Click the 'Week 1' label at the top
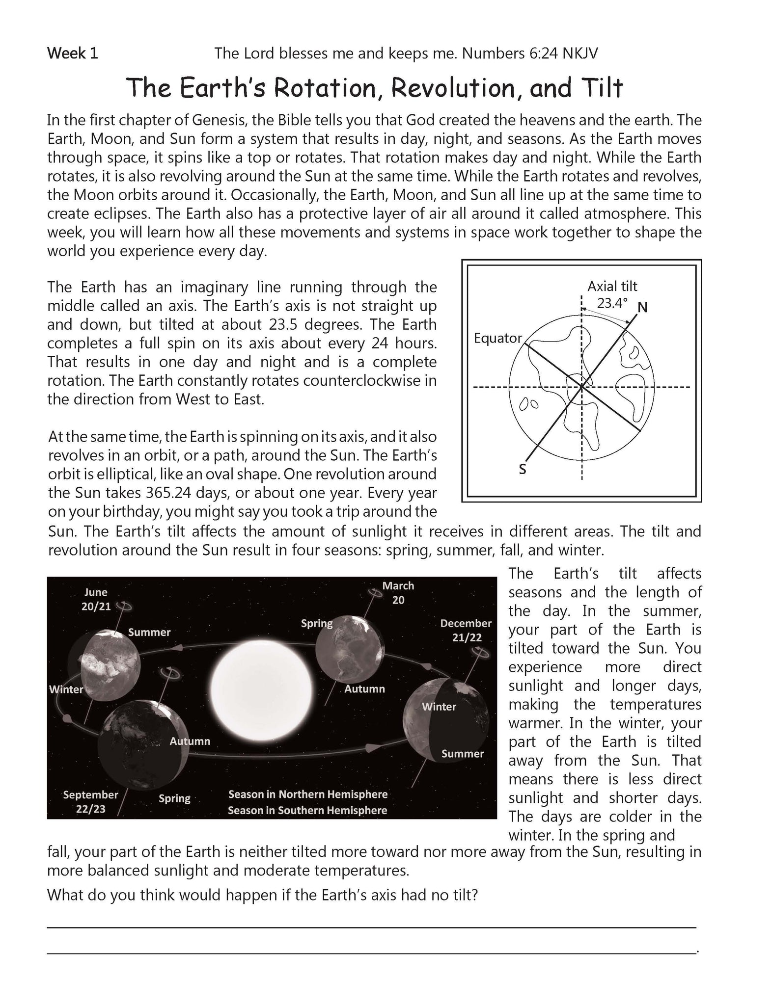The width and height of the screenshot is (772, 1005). [x=72, y=53]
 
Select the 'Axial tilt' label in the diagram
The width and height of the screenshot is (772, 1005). [x=612, y=286]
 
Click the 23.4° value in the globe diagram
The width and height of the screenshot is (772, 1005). [x=612, y=303]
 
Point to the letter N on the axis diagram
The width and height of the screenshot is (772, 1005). [x=642, y=308]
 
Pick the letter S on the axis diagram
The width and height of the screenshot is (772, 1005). [x=523, y=470]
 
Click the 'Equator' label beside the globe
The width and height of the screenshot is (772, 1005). [x=497, y=338]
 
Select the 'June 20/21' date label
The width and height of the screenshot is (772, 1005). [x=96, y=599]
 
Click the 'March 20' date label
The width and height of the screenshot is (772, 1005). [x=398, y=592]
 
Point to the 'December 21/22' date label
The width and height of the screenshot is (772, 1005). [x=466, y=630]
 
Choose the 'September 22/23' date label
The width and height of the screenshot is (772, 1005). [x=91, y=801]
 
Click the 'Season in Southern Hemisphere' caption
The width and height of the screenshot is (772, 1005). [x=307, y=810]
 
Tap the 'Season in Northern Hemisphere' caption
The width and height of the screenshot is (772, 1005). [x=308, y=794]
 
